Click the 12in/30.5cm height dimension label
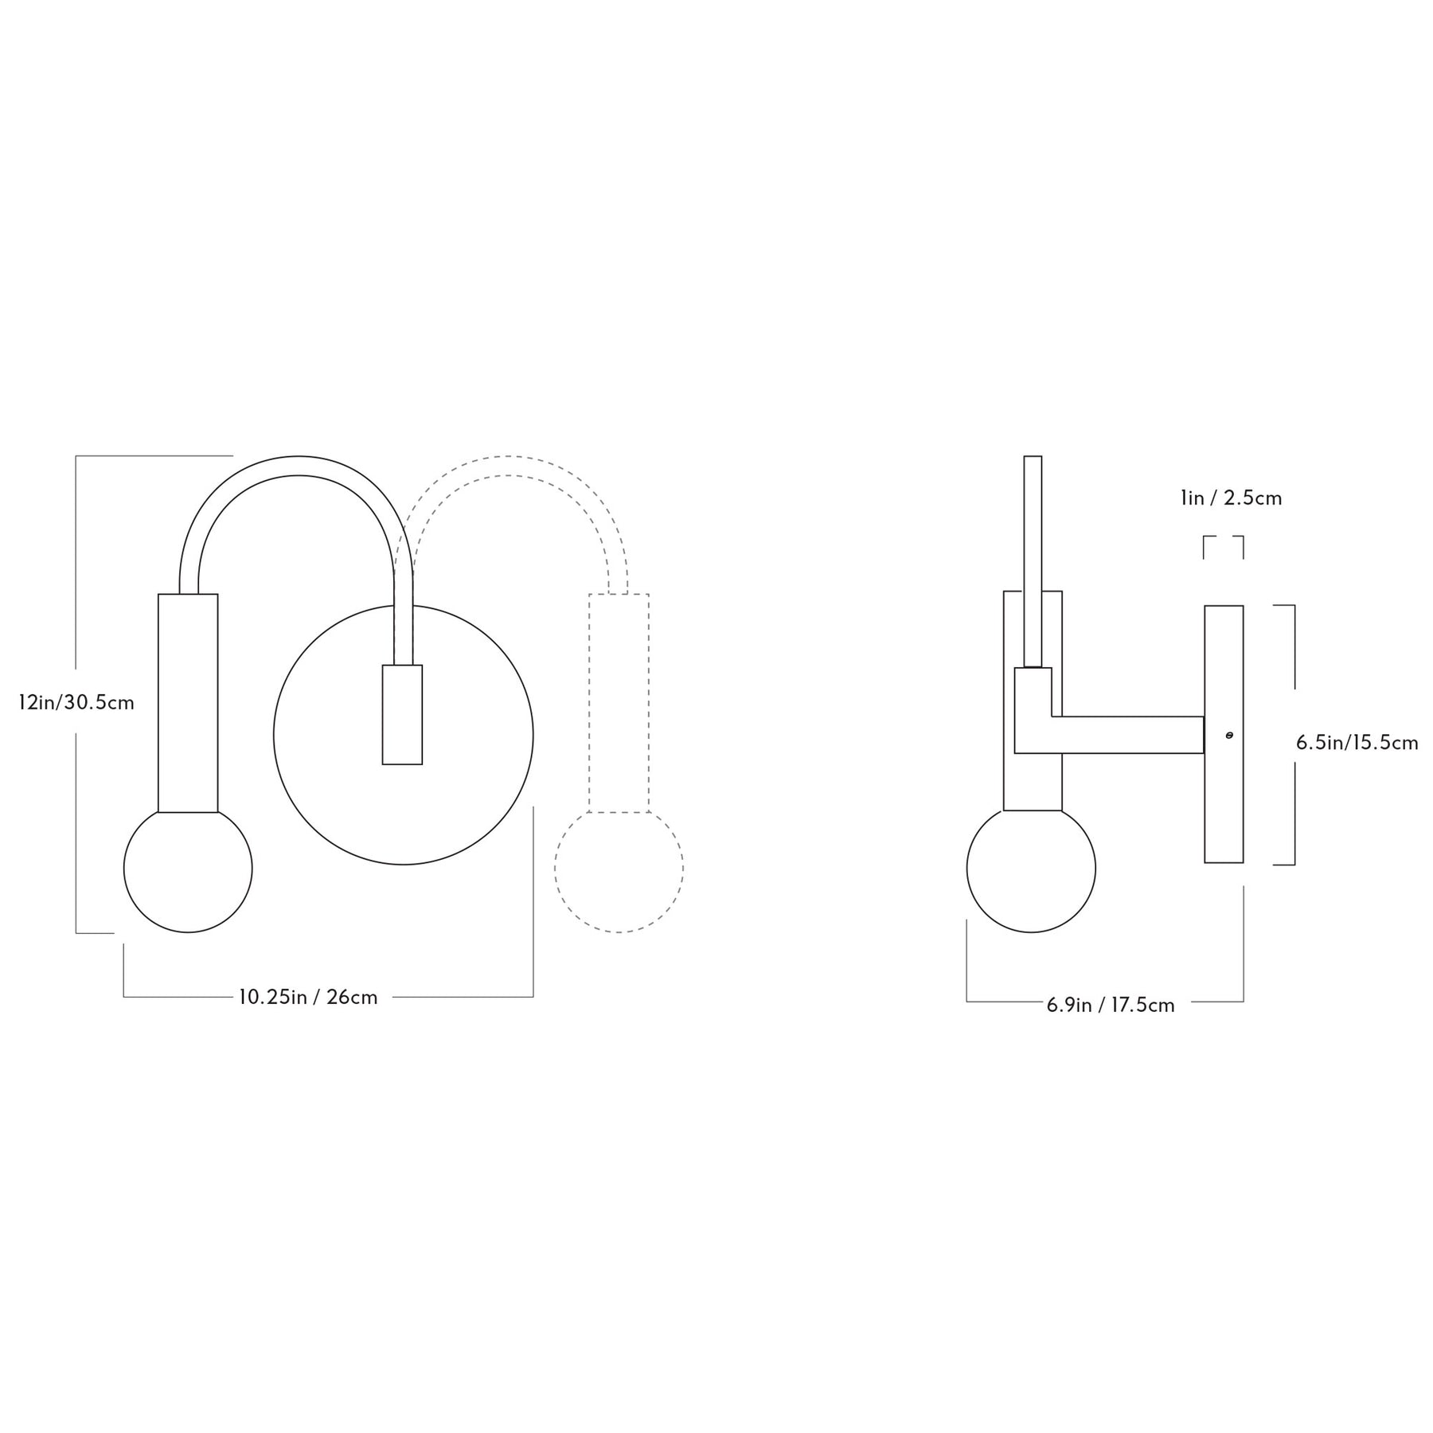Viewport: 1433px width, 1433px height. click(76, 703)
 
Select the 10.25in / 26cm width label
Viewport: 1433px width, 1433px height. click(308, 997)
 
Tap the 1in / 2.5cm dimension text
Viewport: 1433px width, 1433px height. click(1231, 498)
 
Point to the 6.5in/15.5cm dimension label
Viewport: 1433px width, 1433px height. click(1357, 743)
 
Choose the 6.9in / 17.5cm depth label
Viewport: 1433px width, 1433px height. click(1111, 1005)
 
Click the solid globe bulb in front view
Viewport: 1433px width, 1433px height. click(188, 869)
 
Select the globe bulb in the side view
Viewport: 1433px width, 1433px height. click(1031, 869)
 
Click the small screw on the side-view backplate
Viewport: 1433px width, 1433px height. click(1229, 736)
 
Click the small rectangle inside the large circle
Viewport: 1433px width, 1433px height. click(402, 714)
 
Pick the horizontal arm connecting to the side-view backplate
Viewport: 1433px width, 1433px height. click(1126, 735)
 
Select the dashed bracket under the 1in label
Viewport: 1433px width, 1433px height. click(1223, 538)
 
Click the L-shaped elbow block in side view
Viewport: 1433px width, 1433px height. click(1033, 709)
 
